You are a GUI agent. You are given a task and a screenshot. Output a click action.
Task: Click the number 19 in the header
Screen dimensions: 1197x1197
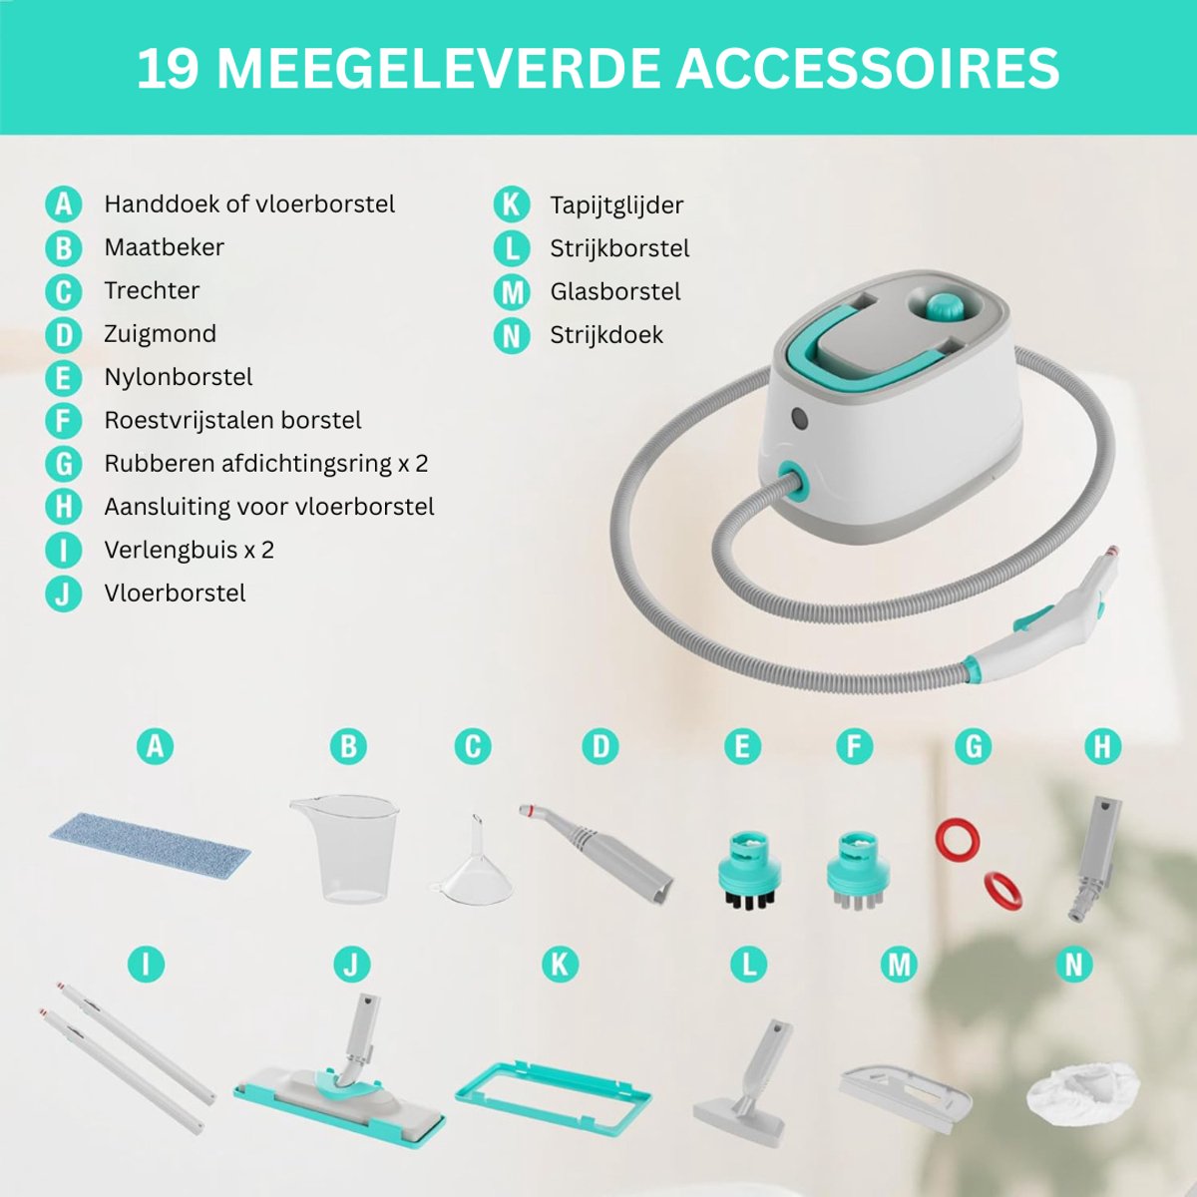point(169,69)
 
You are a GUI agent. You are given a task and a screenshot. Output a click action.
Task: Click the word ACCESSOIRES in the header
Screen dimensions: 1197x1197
point(868,69)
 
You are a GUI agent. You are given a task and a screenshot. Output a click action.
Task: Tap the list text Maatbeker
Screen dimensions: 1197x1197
point(164,247)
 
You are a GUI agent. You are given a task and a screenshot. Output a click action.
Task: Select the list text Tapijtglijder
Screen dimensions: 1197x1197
point(616,205)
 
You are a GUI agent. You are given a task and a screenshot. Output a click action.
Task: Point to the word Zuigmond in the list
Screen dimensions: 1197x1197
point(161,334)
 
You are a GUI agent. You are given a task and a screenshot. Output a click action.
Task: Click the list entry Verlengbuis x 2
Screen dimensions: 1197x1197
point(189,550)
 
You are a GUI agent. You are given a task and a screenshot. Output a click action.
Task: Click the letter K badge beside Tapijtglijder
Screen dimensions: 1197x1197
point(512,204)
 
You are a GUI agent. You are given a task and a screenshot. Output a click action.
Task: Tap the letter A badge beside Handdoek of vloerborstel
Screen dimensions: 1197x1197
point(64,204)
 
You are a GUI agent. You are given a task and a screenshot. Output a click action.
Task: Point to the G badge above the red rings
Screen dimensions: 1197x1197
point(973,746)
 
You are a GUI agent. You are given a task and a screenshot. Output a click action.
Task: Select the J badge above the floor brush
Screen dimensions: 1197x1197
point(351,965)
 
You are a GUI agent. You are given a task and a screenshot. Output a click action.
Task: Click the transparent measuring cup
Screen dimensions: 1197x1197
point(345,849)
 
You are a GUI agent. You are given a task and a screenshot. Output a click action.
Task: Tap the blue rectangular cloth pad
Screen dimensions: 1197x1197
point(151,841)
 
